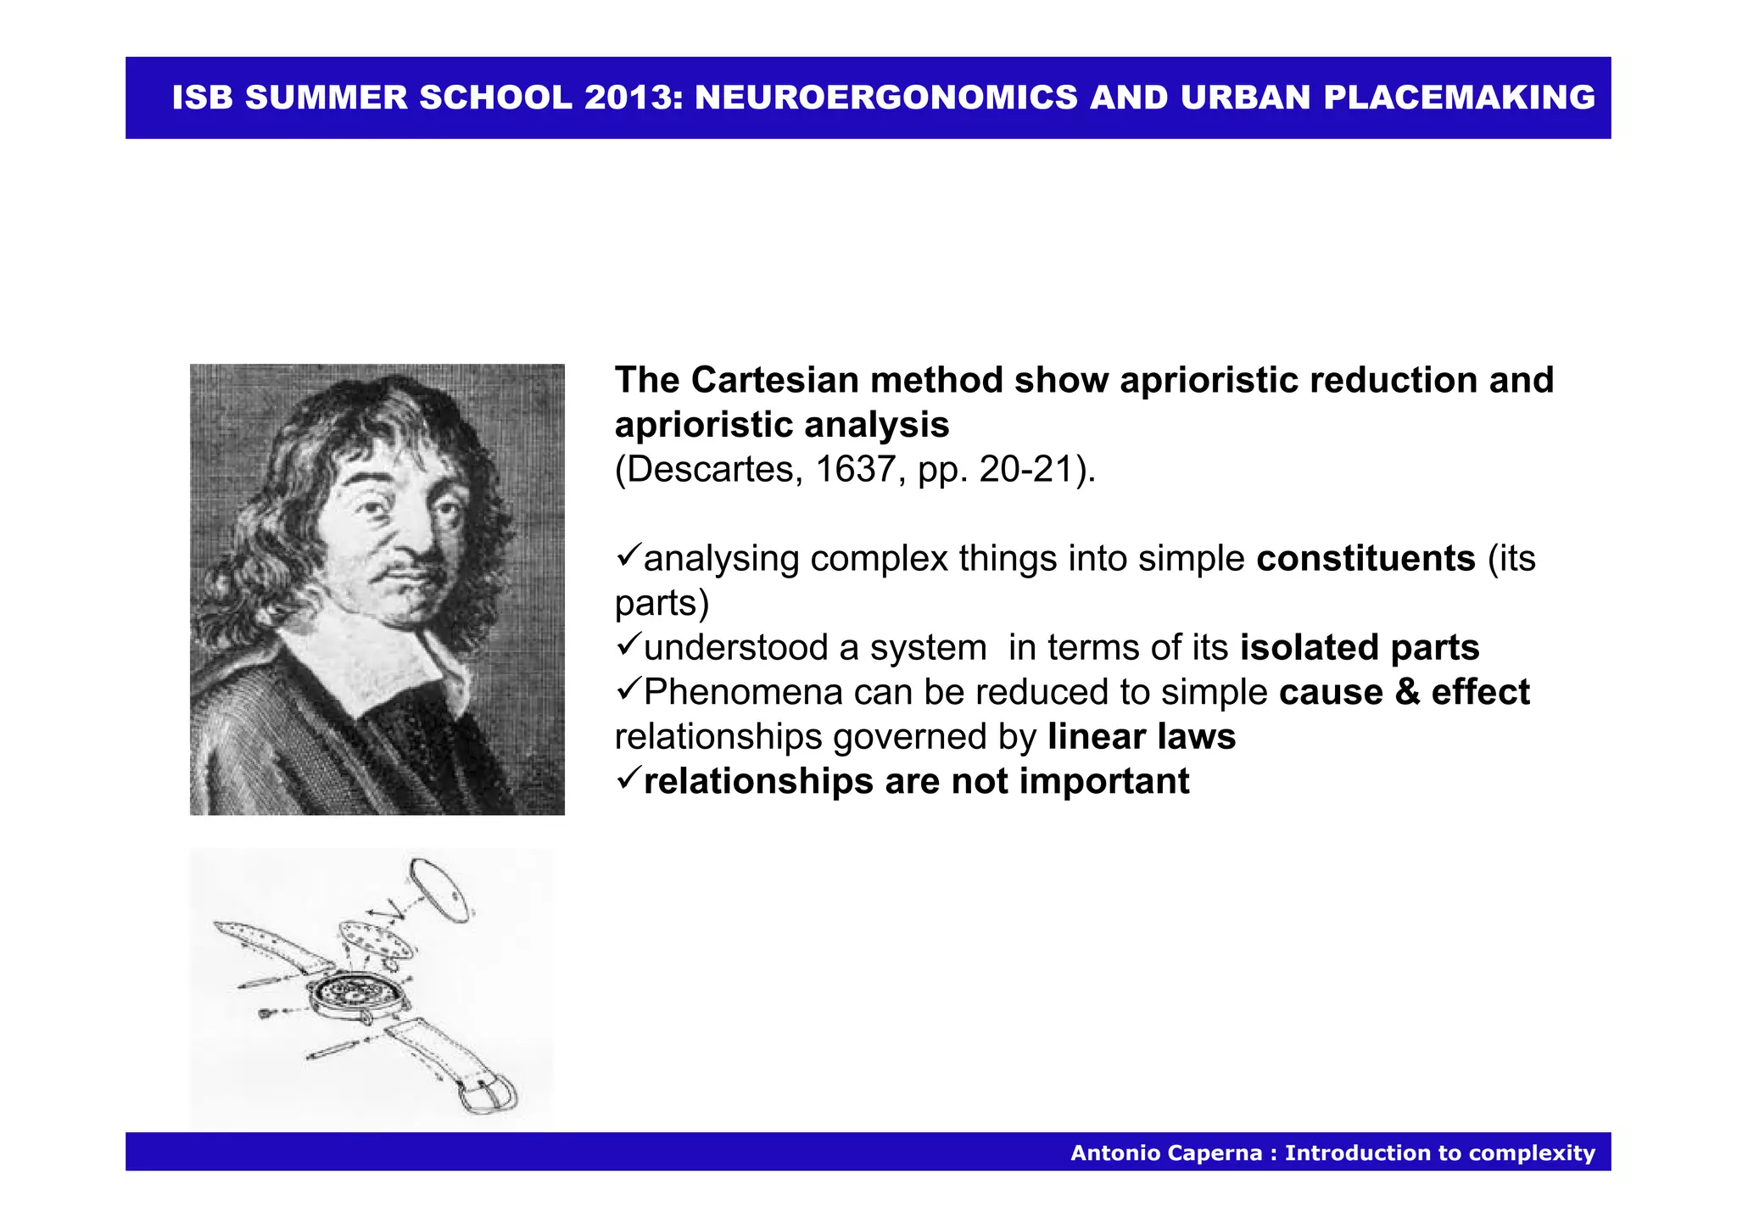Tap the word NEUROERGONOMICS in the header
tap(886, 98)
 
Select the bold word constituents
tap(1366, 558)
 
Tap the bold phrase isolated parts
tap(1359, 647)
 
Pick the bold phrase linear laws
tap(1141, 736)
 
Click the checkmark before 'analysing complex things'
tap(628, 556)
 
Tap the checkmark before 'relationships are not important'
tap(628, 779)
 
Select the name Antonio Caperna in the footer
tap(1165, 1153)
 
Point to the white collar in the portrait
tap(373, 657)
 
